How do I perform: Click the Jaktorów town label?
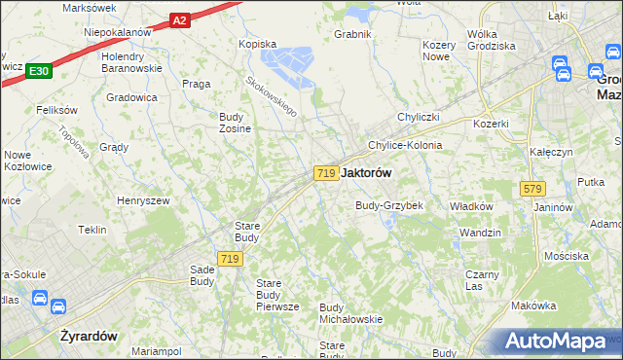coord(368,172)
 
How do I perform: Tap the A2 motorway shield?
coord(179,19)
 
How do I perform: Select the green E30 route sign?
coord(39,70)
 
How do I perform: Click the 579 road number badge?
coord(531,188)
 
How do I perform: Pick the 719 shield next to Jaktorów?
coord(326,172)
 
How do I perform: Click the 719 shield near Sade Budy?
coord(230,258)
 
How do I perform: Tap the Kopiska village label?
coord(259,44)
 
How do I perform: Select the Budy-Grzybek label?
coord(389,205)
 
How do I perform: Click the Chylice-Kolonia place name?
coord(405,145)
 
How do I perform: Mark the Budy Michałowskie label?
coord(349,313)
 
